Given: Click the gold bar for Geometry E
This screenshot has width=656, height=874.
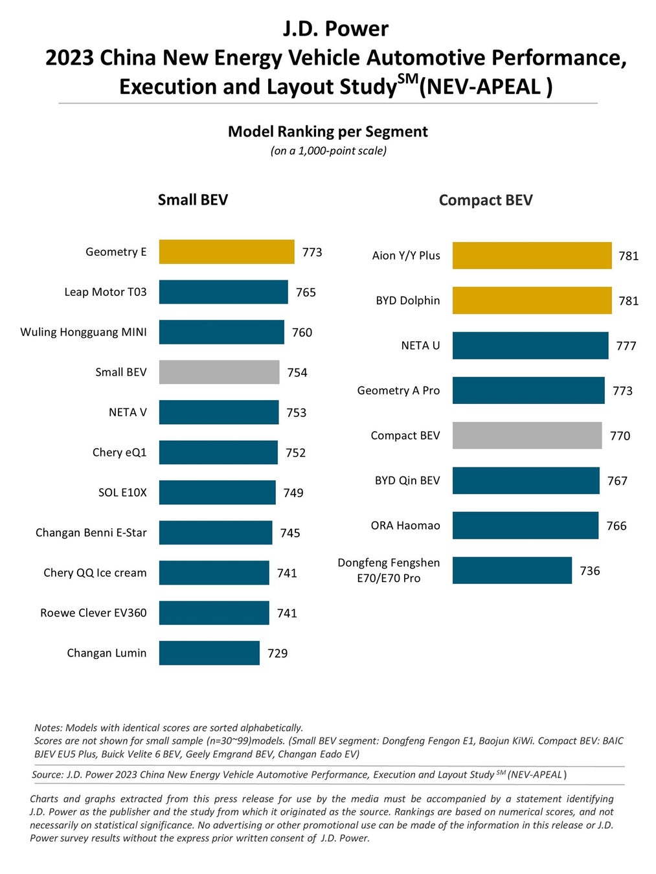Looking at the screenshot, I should [227, 252].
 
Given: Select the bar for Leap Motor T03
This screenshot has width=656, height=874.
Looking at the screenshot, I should [223, 292].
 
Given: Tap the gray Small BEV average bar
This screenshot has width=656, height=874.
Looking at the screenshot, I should [219, 372].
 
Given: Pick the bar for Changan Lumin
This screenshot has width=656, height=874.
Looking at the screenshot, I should [209, 653].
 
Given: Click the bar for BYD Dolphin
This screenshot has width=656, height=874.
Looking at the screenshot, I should [532, 300].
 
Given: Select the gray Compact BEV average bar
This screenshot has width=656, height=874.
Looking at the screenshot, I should [527, 436].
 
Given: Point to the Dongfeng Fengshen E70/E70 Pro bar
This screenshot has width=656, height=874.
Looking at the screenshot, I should [512, 570].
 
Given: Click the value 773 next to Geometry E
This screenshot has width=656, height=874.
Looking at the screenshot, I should [312, 252].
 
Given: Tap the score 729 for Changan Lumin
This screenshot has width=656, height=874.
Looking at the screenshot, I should [278, 653].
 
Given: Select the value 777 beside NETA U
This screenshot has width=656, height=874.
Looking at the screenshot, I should [626, 346].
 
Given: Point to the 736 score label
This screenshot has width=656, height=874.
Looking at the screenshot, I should [590, 571].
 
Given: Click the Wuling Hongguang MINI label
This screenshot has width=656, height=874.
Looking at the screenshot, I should [84, 332].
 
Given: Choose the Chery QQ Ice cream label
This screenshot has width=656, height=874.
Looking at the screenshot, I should [95, 573].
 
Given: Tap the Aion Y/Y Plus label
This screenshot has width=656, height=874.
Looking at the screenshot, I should [406, 256].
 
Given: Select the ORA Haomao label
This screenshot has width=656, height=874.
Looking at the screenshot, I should [405, 526].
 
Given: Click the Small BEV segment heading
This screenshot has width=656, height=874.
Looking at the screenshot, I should [193, 200].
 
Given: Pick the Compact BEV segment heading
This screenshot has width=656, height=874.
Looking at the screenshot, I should [486, 200].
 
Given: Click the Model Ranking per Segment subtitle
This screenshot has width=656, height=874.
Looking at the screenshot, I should [328, 131].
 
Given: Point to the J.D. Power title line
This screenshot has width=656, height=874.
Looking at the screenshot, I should [335, 28].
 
